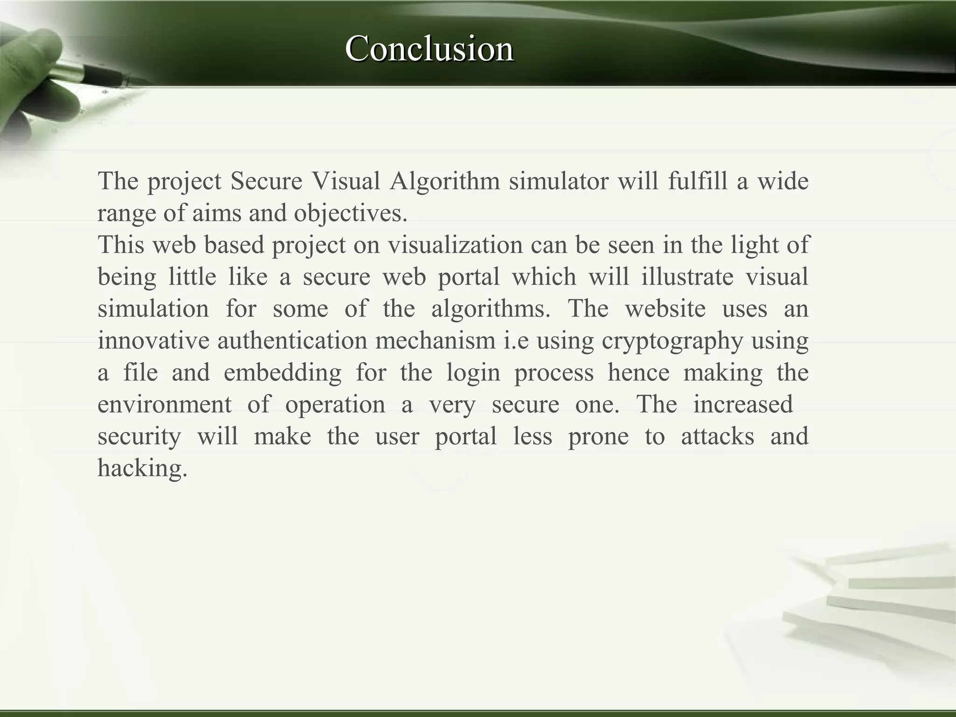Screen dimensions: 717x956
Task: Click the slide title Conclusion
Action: click(x=429, y=49)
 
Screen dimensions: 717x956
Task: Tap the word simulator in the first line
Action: click(x=558, y=181)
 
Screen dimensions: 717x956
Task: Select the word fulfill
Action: click(x=697, y=181)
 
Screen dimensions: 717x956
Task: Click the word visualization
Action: click(x=455, y=245)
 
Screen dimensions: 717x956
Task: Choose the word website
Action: click(x=665, y=309)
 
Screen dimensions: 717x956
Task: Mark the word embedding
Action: click(x=283, y=373)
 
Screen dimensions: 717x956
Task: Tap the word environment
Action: click(x=164, y=405)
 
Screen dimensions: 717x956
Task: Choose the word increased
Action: click(x=743, y=405)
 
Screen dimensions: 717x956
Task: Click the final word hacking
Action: click(x=142, y=469)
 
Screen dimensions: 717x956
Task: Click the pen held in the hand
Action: click(x=93, y=75)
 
